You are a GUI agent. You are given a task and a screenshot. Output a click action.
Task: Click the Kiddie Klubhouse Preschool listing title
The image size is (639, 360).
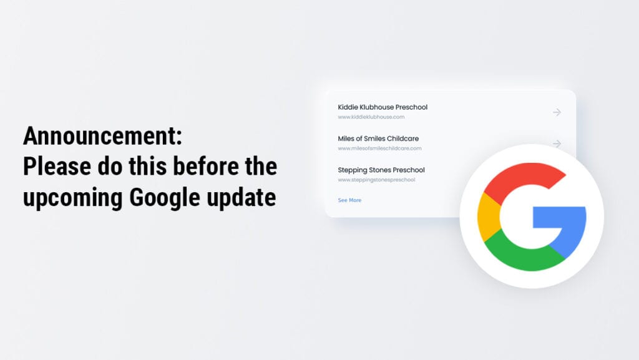383,107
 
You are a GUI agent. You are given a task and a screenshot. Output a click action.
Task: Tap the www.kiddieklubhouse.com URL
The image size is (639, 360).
371,117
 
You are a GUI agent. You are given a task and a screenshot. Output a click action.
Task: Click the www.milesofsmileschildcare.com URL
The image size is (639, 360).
379,148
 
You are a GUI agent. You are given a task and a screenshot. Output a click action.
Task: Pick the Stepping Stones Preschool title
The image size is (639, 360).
381,170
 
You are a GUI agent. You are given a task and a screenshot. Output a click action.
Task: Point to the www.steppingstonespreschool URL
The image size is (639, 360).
376,180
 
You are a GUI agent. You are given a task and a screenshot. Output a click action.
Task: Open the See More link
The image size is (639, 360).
349,200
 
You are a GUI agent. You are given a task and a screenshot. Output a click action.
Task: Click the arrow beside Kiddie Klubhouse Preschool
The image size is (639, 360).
557,112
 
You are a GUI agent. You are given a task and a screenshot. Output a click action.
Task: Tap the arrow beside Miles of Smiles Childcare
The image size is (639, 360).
557,144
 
